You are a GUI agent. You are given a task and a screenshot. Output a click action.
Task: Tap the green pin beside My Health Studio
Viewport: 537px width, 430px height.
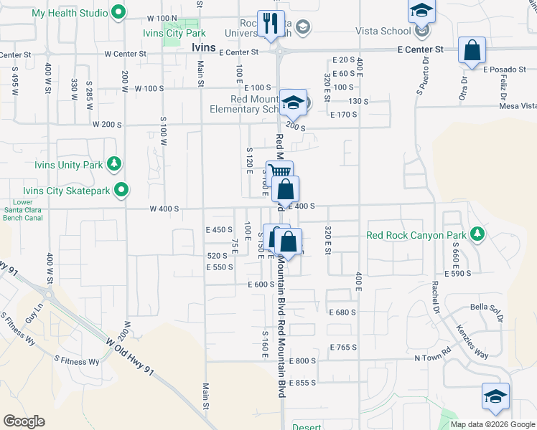point(121,13)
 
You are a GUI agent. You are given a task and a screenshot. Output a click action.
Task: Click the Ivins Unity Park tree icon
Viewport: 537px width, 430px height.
point(113,165)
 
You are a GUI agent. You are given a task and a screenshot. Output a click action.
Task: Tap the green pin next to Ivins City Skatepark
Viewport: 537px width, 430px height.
point(122,190)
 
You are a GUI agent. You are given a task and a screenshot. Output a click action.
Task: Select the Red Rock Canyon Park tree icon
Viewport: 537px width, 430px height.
point(476,234)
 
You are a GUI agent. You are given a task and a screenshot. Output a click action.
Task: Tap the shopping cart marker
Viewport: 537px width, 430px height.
point(280,173)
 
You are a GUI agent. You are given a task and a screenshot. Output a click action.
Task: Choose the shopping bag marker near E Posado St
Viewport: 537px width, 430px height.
point(472,50)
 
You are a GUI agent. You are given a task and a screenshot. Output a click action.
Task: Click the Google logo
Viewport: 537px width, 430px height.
point(24,421)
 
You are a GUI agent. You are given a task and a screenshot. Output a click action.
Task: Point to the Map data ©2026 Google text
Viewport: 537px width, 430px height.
point(492,424)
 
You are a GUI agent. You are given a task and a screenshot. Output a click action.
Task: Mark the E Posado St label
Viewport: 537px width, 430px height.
point(505,70)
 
